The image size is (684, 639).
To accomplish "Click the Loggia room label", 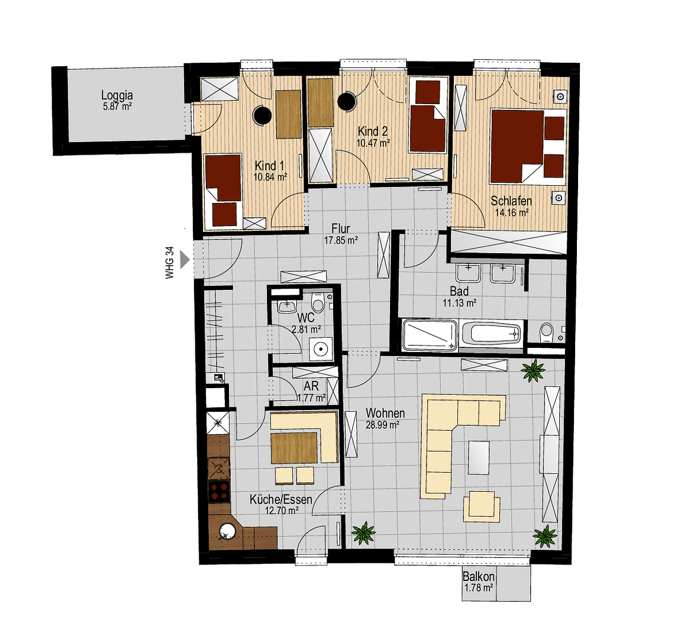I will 117,95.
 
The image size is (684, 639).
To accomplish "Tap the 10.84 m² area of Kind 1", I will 270,176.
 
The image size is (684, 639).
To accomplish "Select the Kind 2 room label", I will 373,131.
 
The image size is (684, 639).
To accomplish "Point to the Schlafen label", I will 511,201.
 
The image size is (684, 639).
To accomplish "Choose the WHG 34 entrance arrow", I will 185,259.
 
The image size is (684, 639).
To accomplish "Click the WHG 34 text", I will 170,264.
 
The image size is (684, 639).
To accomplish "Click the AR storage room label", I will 311,386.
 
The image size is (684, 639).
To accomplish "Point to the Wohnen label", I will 385,413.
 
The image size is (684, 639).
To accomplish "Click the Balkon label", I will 478,576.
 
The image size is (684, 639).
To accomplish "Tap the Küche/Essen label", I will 280,499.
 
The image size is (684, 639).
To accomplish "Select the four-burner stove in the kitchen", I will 219,491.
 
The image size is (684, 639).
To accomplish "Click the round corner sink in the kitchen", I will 227,533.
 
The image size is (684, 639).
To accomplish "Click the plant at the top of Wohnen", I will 533,371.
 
